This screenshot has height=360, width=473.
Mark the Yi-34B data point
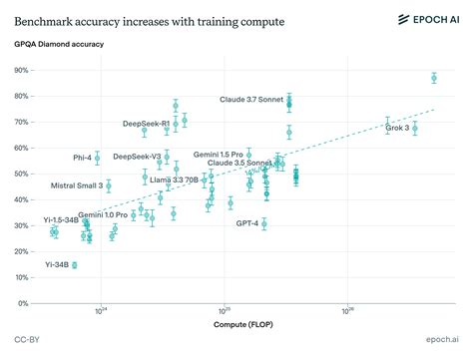tap(74, 265)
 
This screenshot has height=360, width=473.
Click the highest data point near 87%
tap(434, 78)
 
